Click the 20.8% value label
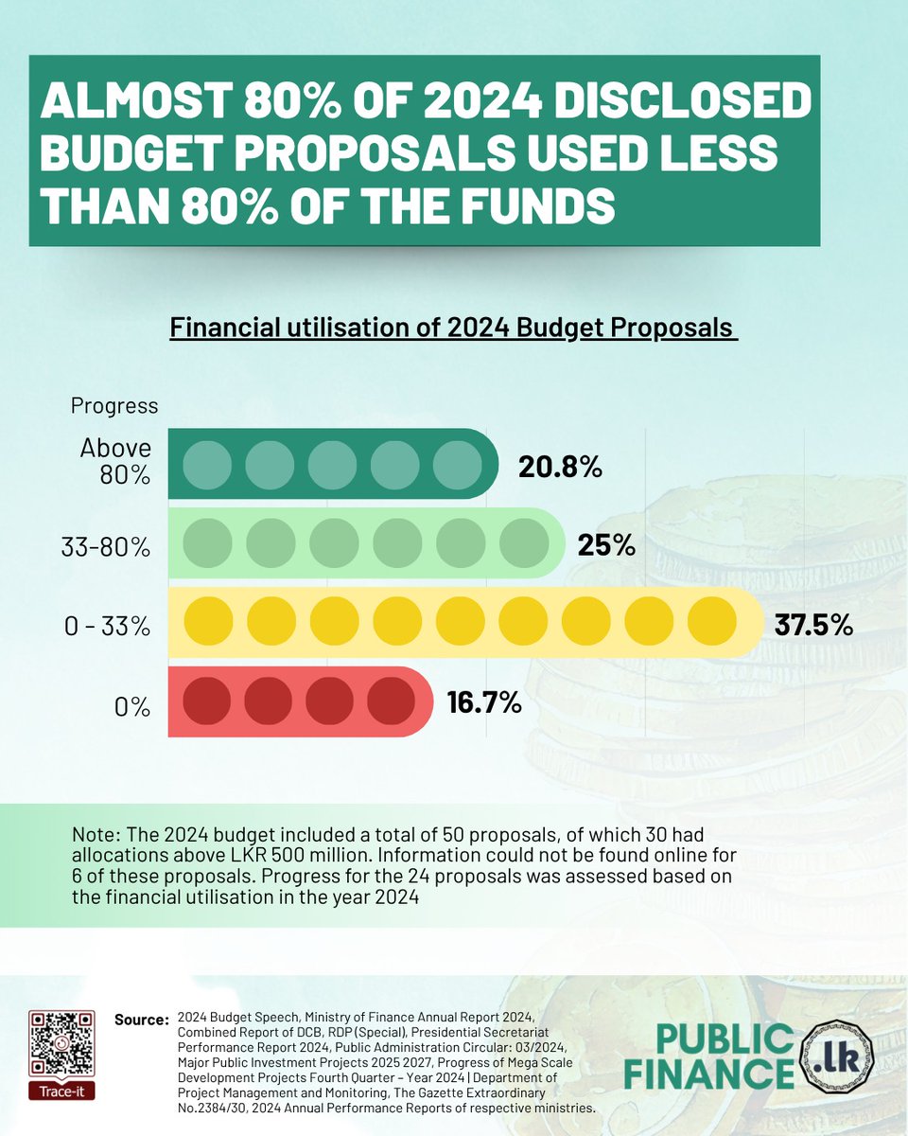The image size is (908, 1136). pos(560,467)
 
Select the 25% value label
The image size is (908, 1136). pos(605,546)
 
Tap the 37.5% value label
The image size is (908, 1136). pos(814,625)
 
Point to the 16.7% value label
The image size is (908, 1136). pos(483,702)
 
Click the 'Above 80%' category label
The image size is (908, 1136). pos(114,461)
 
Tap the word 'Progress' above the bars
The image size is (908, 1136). pos(114,406)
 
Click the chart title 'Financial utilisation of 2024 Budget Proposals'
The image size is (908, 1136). pos(453,328)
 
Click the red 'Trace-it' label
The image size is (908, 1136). pos(61,1092)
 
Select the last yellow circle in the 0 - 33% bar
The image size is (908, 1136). pos(710,624)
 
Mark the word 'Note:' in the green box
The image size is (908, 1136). pos(95,836)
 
